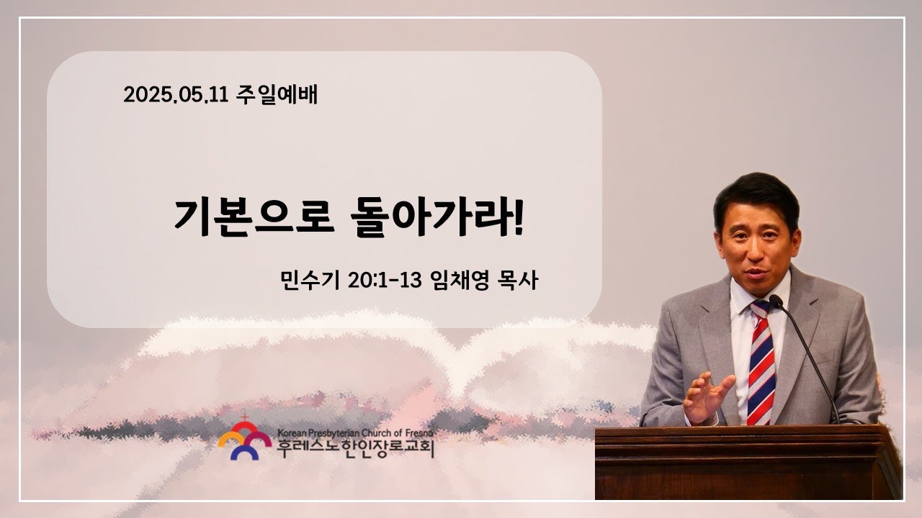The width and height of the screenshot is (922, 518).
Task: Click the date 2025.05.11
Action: [176, 95]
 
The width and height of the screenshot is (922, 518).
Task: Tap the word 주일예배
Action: [277, 95]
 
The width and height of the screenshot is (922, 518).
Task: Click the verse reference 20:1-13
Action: [385, 281]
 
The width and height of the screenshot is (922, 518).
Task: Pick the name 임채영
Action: [459, 281]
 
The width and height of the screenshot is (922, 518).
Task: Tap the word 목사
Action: [518, 281]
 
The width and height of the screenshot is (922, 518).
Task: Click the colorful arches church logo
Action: [244, 439]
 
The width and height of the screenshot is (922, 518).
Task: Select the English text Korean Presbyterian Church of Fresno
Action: [355, 433]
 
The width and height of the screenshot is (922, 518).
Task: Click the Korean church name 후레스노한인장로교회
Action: [356, 449]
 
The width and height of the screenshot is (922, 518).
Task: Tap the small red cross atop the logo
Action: [245, 418]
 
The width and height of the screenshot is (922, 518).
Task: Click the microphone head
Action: [776, 301]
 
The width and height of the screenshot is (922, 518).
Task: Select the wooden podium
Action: [748, 463]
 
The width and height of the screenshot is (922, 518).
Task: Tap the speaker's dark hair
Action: [756, 198]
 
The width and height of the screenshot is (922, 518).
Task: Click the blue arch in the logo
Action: [244, 453]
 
